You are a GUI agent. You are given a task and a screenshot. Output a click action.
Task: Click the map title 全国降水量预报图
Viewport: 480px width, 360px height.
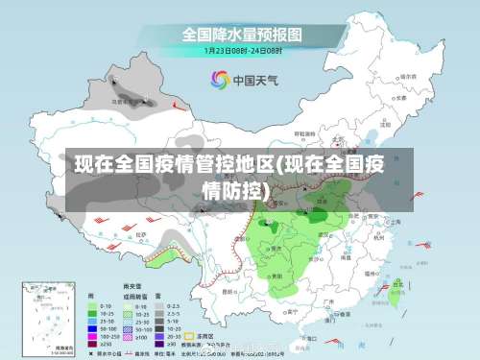[x=241, y=35]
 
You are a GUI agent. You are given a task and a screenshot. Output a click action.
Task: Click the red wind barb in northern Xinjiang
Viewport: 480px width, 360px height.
[x=176, y=103]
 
